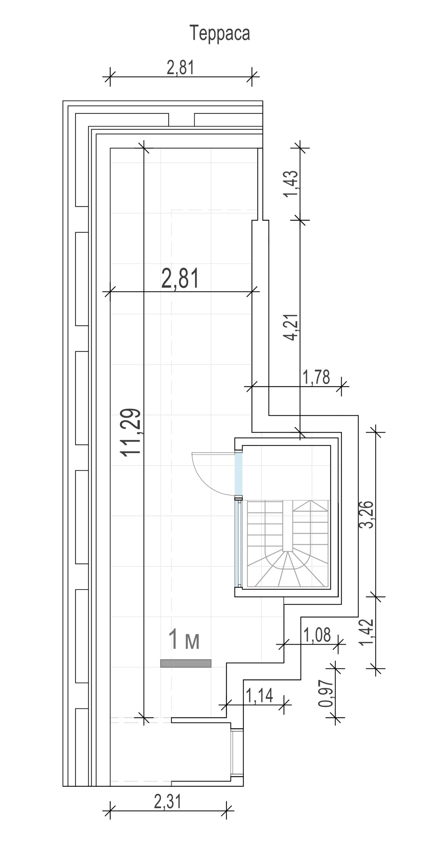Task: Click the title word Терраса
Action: tap(220, 33)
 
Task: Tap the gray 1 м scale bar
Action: tap(186, 663)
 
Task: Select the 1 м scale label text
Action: tap(184, 640)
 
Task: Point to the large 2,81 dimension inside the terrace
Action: tap(180, 278)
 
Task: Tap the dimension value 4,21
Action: tap(292, 327)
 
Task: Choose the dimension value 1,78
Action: tap(316, 377)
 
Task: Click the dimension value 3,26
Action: tap(367, 514)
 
